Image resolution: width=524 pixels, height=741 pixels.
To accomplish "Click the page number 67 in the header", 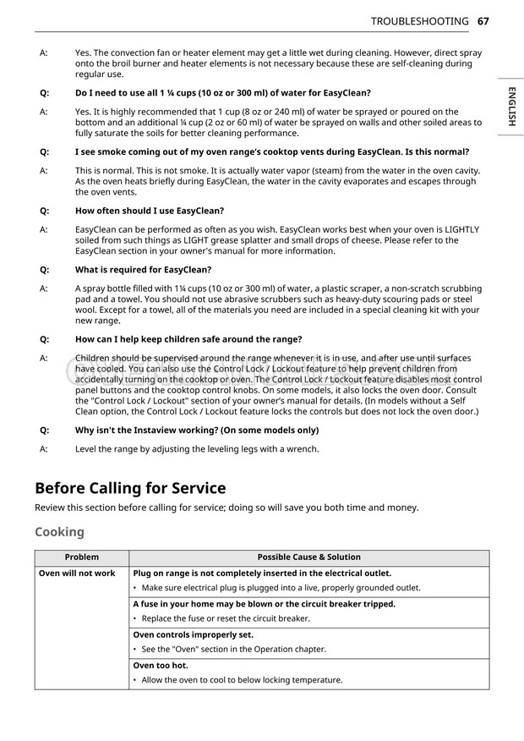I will (x=483, y=21).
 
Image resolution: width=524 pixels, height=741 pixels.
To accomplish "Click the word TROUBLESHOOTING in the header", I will (x=419, y=21).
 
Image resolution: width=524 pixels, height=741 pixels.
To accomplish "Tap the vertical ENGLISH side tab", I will (x=511, y=107).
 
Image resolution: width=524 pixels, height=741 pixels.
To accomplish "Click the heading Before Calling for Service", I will (x=130, y=488).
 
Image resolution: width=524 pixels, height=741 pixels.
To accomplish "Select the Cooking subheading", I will (x=59, y=532).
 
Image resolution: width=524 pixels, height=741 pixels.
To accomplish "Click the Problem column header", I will (x=82, y=557).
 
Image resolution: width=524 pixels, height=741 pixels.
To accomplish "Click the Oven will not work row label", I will (x=77, y=574).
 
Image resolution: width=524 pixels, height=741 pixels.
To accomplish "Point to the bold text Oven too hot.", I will (x=161, y=666).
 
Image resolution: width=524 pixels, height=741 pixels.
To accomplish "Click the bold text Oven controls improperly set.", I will (x=194, y=634).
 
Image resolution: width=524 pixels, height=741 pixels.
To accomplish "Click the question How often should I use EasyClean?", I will (x=150, y=211).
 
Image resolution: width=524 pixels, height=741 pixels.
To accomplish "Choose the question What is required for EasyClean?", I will (x=143, y=270).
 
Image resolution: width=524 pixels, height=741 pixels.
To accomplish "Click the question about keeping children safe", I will (x=188, y=339).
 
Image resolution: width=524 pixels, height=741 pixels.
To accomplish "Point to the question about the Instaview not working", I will (x=197, y=430).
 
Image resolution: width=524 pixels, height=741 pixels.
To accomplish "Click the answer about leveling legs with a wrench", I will (x=197, y=449).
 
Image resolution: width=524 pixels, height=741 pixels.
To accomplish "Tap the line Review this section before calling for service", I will (x=227, y=508).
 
